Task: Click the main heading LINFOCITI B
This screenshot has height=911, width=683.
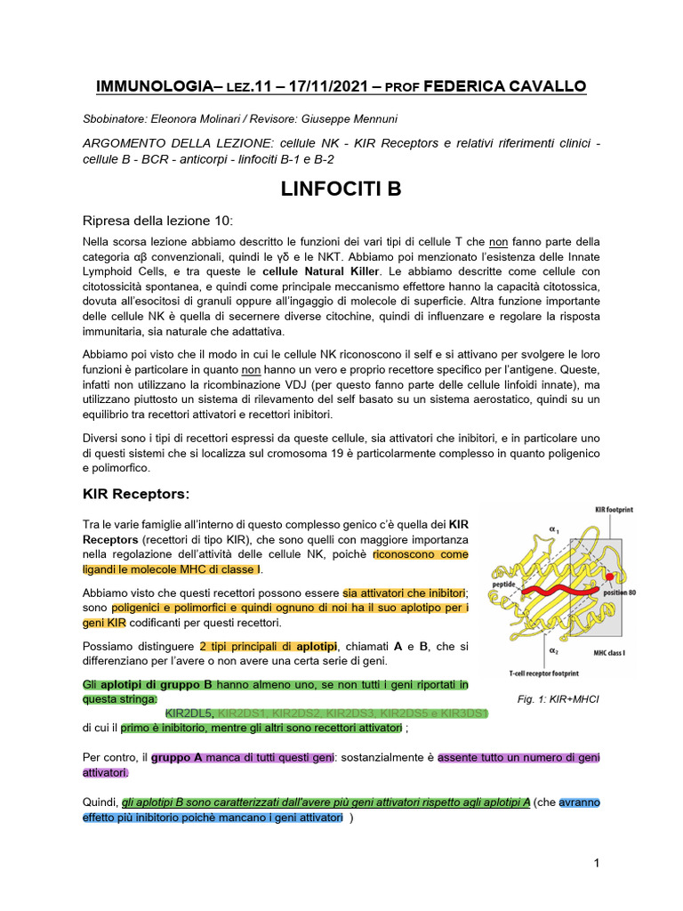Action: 341,189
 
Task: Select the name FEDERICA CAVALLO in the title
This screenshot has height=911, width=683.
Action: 505,86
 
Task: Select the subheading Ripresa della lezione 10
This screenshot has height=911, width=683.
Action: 157,221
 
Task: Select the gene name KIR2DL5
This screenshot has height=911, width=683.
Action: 189,713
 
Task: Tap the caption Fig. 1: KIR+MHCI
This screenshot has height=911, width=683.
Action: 558,699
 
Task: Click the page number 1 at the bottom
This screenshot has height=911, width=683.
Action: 598,863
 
